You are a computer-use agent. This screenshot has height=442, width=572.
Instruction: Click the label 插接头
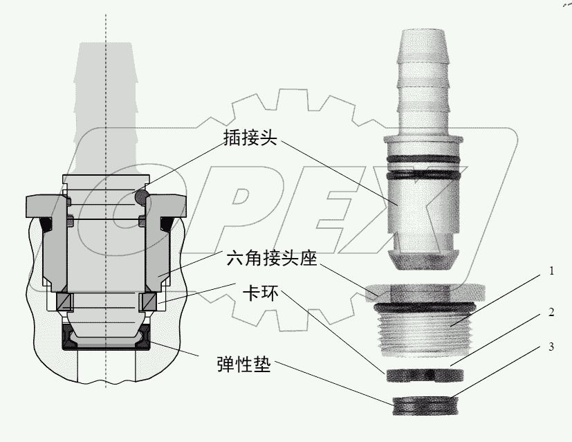[x=250, y=139]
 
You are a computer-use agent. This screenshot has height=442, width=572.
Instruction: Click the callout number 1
[x=551, y=271]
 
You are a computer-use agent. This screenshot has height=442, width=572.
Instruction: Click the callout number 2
[x=551, y=312]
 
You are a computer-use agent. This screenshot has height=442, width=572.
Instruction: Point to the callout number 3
[x=551, y=347]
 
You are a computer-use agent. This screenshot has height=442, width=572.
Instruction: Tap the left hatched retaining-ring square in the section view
[x=64, y=302]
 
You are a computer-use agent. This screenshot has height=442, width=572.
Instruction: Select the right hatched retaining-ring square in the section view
[x=148, y=302]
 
